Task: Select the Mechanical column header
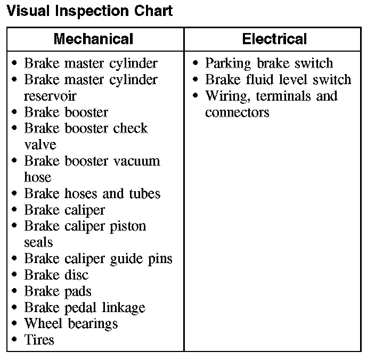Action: pyautogui.click(x=93, y=39)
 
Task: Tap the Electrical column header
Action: pyautogui.click(x=274, y=39)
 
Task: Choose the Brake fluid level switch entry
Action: pyautogui.click(x=278, y=80)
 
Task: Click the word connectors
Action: pyautogui.click(x=237, y=112)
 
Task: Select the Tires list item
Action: pyautogui.click(x=39, y=340)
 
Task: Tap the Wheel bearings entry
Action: pyautogui.click(x=71, y=323)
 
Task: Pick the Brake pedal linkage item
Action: pyautogui.click(x=85, y=307)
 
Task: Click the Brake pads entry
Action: pyautogui.click(x=58, y=291)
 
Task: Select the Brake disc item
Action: pyautogui.click(x=56, y=275)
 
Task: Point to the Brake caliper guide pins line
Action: pyautogui.click(x=98, y=259)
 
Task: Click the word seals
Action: pyautogui.click(x=38, y=242)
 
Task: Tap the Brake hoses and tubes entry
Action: pyautogui.click(x=92, y=193)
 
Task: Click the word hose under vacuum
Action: pyautogui.click(x=37, y=177)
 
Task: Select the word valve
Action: pyautogui.click(x=40, y=145)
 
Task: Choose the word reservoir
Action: pyautogui.click(x=50, y=96)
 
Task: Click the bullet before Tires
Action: pyautogui.click(x=14, y=340)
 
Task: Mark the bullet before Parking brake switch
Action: pyautogui.click(x=195, y=64)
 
